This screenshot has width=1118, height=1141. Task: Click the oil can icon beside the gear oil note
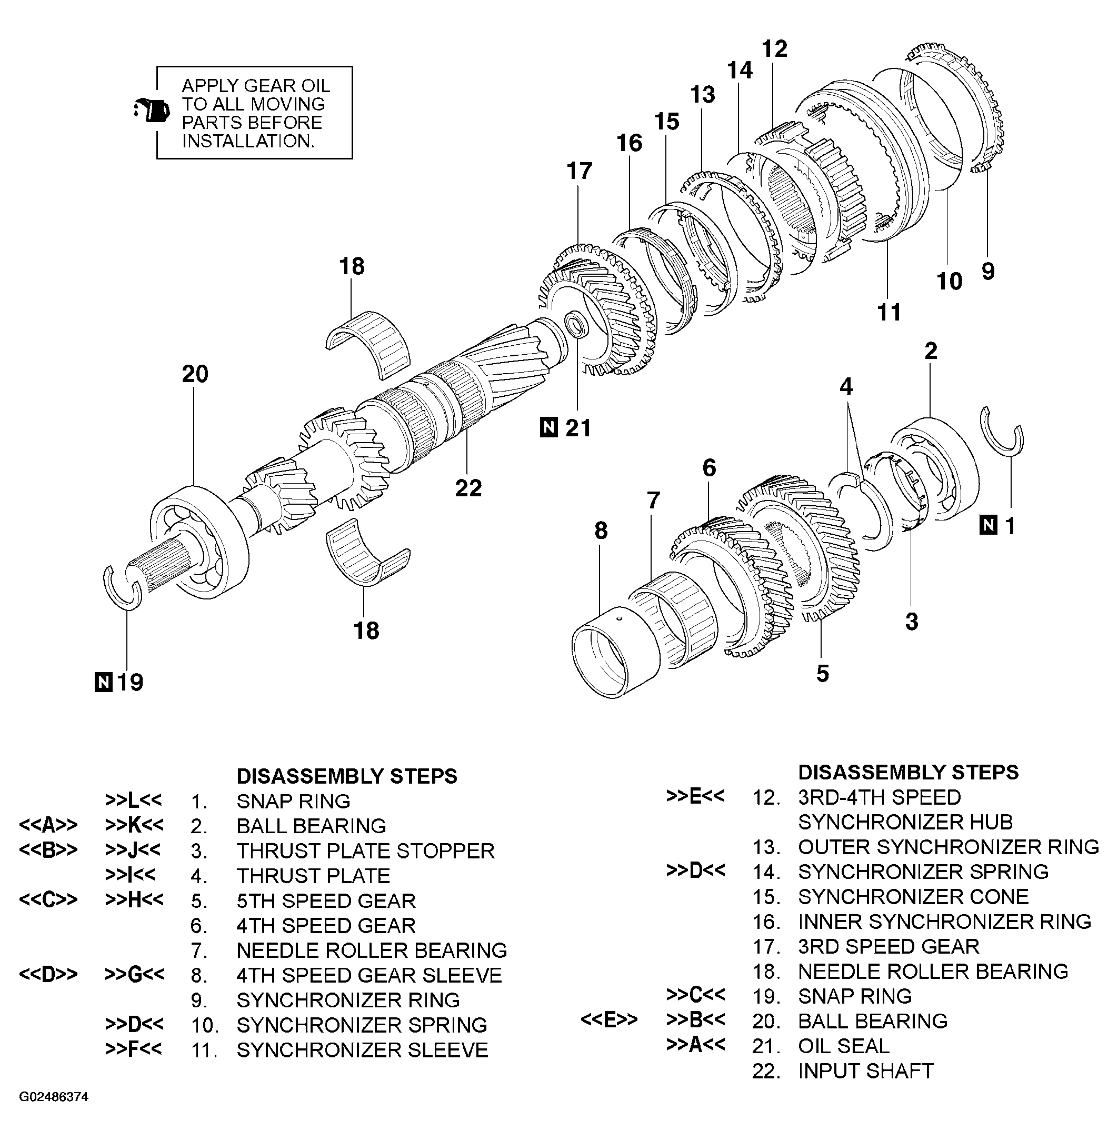[x=152, y=110]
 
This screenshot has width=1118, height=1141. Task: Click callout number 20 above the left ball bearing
[x=195, y=374]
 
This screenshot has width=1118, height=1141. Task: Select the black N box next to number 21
[x=548, y=427]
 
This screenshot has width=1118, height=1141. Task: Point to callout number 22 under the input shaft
[x=468, y=488]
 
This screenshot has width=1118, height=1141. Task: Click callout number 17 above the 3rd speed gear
[x=579, y=172]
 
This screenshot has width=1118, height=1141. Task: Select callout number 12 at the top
[x=774, y=49]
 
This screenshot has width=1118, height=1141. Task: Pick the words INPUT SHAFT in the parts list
[x=865, y=1070]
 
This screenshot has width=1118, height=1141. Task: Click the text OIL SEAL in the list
[x=843, y=1046]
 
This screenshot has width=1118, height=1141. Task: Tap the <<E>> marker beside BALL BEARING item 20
[x=609, y=1020]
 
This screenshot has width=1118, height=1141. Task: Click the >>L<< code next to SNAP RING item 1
[x=134, y=800]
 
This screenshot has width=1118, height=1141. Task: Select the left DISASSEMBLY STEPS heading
[x=346, y=776]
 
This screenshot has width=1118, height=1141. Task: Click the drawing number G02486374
[x=54, y=1096]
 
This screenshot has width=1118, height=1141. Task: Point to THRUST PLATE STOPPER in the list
[x=365, y=850]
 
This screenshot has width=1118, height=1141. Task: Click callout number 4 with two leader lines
[x=845, y=386]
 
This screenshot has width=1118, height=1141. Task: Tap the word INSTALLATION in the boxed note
[x=247, y=141]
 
